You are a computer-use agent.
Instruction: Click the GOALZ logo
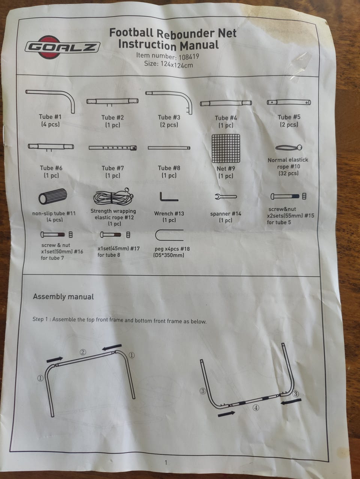tap(62, 47)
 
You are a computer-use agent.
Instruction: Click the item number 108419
tap(189, 57)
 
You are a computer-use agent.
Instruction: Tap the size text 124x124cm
tap(177, 65)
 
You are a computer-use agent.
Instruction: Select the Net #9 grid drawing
tap(226, 149)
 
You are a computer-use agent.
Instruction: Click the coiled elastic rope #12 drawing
tap(114, 197)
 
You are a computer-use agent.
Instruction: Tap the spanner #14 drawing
tap(226, 197)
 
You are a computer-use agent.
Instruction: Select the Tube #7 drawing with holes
tap(113, 148)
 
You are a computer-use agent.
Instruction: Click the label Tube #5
tap(289, 117)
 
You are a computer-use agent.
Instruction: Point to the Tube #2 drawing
tap(112, 102)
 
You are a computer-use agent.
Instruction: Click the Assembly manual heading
tap(63, 297)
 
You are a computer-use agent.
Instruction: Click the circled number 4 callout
tap(256, 407)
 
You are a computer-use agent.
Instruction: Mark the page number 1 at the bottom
tap(166, 462)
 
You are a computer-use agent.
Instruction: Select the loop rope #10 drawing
tap(289, 148)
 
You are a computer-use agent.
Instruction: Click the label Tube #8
tap(169, 168)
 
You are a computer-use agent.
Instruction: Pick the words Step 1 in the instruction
tap(40, 319)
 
